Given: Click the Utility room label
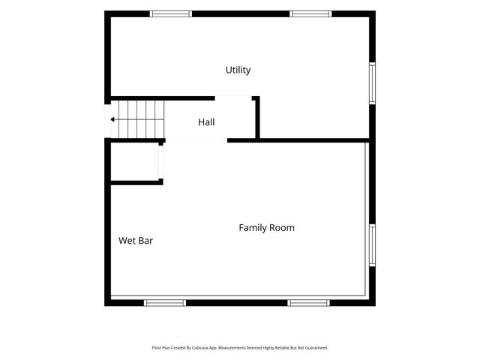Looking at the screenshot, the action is pyautogui.click(x=238, y=70).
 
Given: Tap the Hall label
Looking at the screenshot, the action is pyautogui.click(x=206, y=122).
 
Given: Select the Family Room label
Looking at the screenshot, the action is pyautogui.click(x=267, y=228).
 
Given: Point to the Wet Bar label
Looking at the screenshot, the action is pyautogui.click(x=136, y=241).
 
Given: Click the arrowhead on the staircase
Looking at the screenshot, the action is pyautogui.click(x=112, y=119).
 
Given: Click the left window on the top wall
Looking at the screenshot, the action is pyautogui.click(x=171, y=13).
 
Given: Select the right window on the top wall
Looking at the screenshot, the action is pyautogui.click(x=310, y=13).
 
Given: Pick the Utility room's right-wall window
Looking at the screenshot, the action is pyautogui.click(x=372, y=83).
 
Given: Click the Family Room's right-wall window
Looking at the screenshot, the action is pyautogui.click(x=372, y=245).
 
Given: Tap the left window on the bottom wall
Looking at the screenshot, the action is pyautogui.click(x=165, y=303).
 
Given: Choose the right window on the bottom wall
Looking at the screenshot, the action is pyautogui.click(x=308, y=303).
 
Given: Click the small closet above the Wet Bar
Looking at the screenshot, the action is pyautogui.click(x=135, y=162).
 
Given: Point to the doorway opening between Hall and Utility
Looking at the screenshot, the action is pyautogui.click(x=233, y=98).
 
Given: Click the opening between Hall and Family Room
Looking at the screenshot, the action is pyautogui.click(x=196, y=140).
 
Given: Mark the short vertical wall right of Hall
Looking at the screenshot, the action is pyautogui.click(x=257, y=118).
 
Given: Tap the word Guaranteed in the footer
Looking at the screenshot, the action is pyautogui.click(x=318, y=348).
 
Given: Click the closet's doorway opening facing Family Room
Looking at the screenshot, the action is pyautogui.click(x=160, y=162).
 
